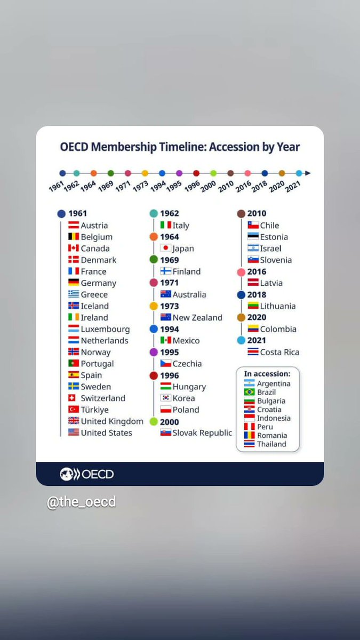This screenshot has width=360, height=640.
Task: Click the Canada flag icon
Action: [x=74, y=248]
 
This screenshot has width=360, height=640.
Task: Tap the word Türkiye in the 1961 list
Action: [x=94, y=410]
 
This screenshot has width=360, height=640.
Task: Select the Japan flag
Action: [x=165, y=247]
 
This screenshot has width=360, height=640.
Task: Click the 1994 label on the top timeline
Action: [x=158, y=186]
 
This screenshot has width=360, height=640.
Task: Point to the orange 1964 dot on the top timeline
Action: [x=93, y=173]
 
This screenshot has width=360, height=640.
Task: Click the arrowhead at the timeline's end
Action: [x=308, y=173]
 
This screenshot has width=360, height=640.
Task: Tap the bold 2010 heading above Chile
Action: [x=257, y=213]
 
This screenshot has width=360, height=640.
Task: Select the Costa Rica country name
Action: [x=279, y=352]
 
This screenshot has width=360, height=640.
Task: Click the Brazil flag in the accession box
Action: [x=249, y=392]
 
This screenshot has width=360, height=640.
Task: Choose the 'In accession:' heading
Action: [x=267, y=374]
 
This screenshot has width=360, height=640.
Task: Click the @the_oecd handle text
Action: [x=82, y=502]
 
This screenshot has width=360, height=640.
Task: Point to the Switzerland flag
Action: [x=72, y=398]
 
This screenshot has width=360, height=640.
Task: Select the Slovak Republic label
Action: [x=202, y=433]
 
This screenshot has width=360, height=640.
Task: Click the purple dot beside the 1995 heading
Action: [x=154, y=352]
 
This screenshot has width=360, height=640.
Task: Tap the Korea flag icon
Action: [x=165, y=398]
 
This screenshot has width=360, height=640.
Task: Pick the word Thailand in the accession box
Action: [x=271, y=444]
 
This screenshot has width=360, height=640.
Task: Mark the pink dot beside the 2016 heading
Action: [x=241, y=273]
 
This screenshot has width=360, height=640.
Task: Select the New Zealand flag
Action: [x=165, y=317]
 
